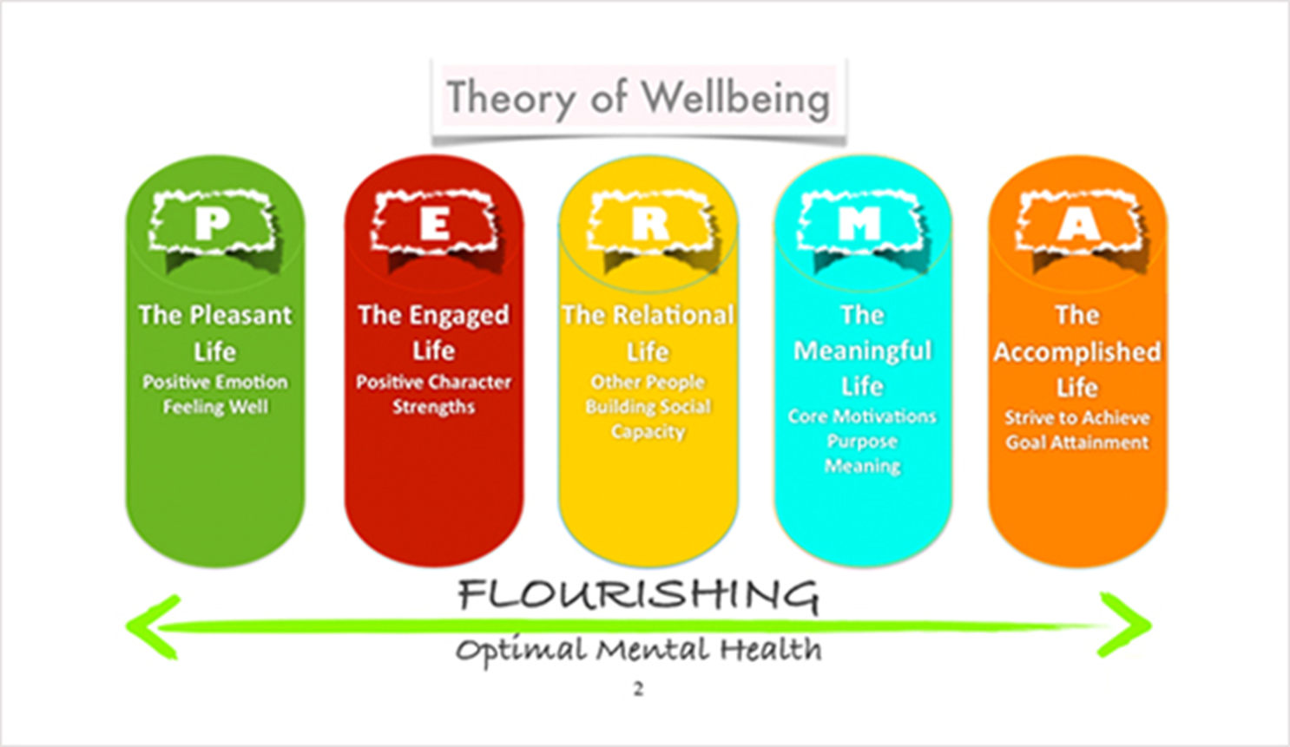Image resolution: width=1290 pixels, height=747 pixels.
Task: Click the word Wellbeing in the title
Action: click(735, 98)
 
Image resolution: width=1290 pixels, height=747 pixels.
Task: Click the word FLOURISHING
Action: click(638, 595)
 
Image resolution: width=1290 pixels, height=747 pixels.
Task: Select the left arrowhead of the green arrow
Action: click(153, 626)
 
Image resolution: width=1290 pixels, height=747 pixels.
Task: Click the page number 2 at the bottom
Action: click(638, 689)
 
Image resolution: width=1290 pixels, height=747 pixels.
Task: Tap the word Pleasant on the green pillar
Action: click(240, 315)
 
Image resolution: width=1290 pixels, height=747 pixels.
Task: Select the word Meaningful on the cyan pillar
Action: click(862, 351)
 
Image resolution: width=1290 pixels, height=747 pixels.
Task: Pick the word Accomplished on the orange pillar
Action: click(1077, 353)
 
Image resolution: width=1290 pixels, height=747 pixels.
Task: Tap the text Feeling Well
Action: click(215, 408)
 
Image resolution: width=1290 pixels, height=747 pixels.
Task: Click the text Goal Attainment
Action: click(1077, 442)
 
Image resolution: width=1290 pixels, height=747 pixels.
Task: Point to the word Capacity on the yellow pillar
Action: click(648, 432)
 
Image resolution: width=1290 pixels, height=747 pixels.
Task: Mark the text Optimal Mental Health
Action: click(638, 651)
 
